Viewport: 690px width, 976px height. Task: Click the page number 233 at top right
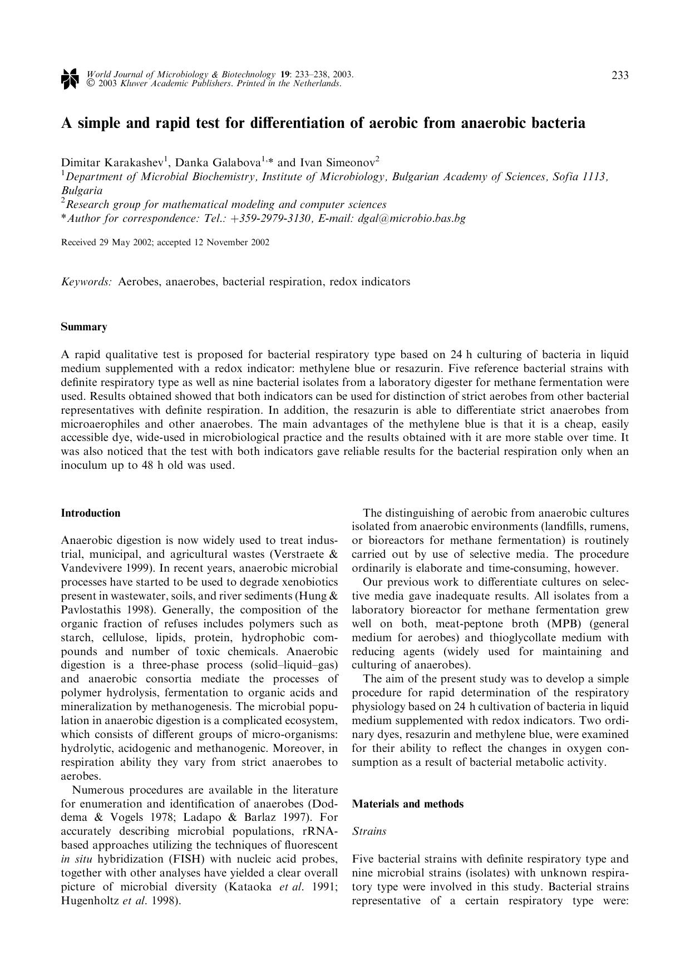click(620, 75)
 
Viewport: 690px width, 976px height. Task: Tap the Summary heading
click(83, 327)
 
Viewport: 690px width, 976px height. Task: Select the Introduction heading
click(90, 513)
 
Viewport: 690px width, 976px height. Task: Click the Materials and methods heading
click(407, 804)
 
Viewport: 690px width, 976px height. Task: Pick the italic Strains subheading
click(369, 831)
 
